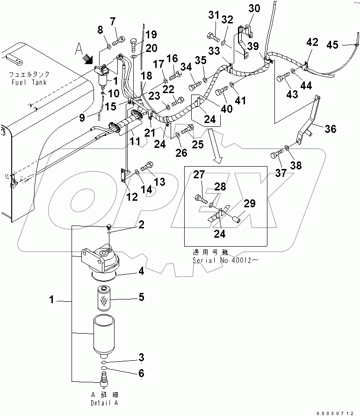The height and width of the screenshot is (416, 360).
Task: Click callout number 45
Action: [345, 45]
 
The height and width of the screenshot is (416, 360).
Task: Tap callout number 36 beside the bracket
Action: [330, 130]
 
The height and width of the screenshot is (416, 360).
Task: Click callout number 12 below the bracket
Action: [132, 197]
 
